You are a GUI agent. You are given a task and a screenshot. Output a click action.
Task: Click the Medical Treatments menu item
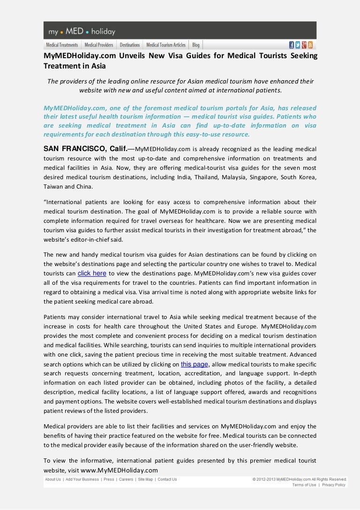coord(62,45)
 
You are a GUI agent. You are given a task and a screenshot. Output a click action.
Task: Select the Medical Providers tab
coord(99,45)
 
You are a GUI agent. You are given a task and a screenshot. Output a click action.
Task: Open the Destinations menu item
coord(130,45)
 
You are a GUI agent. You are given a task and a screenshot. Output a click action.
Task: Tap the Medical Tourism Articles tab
coord(166,45)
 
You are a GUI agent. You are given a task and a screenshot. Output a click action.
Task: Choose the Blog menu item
coord(196,45)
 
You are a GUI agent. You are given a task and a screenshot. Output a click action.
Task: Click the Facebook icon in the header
coord(292,45)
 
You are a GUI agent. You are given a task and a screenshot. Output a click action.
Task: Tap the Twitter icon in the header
coord(298,45)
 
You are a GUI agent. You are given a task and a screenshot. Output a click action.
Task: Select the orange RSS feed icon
coord(310,45)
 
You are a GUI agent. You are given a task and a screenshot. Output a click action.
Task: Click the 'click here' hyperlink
coord(92,274)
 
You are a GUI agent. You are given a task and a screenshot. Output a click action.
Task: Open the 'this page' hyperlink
coord(194,364)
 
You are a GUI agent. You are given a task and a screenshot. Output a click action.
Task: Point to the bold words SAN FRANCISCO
coord(76,149)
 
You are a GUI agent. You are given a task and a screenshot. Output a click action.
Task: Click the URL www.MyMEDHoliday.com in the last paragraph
coord(119,470)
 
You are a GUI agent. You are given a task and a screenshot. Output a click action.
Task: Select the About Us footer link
coord(53,480)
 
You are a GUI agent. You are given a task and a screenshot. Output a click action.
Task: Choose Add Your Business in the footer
coord(82,480)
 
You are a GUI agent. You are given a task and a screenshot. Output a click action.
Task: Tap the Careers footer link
coord(126,480)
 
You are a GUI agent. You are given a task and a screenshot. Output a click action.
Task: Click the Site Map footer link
coord(145,480)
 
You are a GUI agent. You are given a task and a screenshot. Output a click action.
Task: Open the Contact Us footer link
coord(167,480)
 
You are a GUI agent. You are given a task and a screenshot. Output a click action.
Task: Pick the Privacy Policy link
coord(334,485)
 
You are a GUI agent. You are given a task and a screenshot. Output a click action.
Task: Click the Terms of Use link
coord(304,485)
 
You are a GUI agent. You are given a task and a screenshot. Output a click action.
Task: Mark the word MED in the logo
coord(75,32)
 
